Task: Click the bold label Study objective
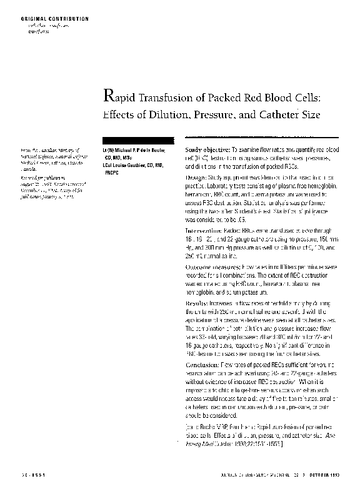pyautogui.click(x=206, y=151)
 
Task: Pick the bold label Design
pyautogui.click(x=197, y=178)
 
